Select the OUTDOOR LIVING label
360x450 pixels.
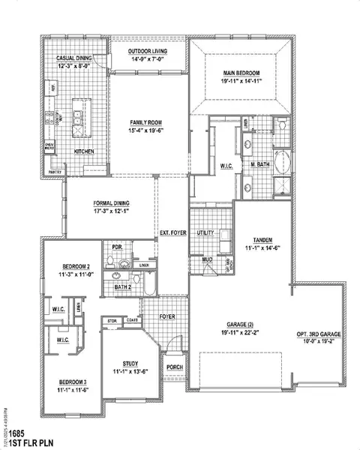point(147,51)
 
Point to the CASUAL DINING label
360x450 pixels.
point(74,58)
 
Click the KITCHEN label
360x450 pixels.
point(84,151)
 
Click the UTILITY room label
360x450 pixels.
point(205,233)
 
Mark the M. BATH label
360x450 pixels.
point(259,165)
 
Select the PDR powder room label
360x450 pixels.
point(117,247)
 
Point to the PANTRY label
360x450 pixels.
point(55,172)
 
